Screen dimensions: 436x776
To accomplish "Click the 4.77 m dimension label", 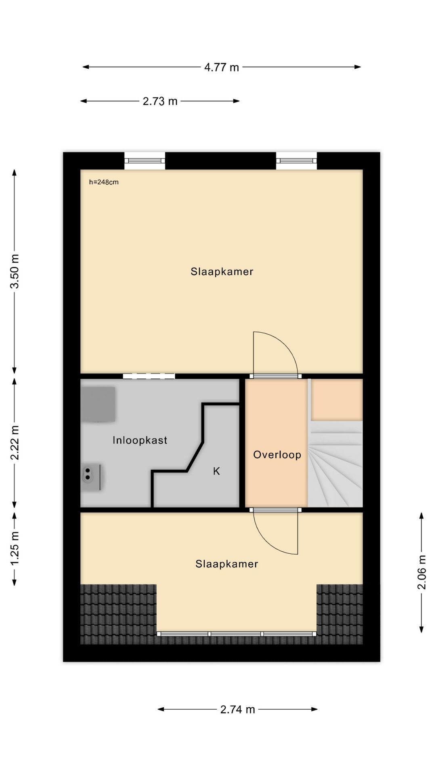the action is click(x=221, y=67).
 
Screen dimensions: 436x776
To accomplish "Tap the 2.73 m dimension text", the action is click(x=160, y=101).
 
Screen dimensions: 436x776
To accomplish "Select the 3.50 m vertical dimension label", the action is click(x=15, y=271).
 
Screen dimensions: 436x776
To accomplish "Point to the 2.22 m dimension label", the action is click(x=15, y=443).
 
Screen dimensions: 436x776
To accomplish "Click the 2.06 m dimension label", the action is click(x=422, y=572).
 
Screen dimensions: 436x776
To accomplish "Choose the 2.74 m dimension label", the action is click(x=237, y=709).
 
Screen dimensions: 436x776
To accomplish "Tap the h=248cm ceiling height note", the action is click(x=104, y=182).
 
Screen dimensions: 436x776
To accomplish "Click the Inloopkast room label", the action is click(x=140, y=440).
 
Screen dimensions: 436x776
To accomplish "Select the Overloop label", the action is click(x=277, y=455).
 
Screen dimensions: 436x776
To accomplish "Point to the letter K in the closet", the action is click(x=216, y=471).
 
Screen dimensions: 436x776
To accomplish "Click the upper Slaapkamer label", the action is click(x=222, y=272).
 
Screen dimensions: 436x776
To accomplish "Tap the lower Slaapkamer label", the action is click(x=226, y=564).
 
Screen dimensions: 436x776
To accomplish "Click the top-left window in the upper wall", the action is click(x=145, y=161).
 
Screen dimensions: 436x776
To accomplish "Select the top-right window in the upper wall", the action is click(x=296, y=161).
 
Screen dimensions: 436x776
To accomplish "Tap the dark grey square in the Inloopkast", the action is click(x=98, y=404).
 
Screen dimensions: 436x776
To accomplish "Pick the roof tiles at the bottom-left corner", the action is click(x=118, y=614).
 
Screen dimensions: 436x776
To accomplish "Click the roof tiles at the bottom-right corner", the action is click(x=340, y=614).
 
